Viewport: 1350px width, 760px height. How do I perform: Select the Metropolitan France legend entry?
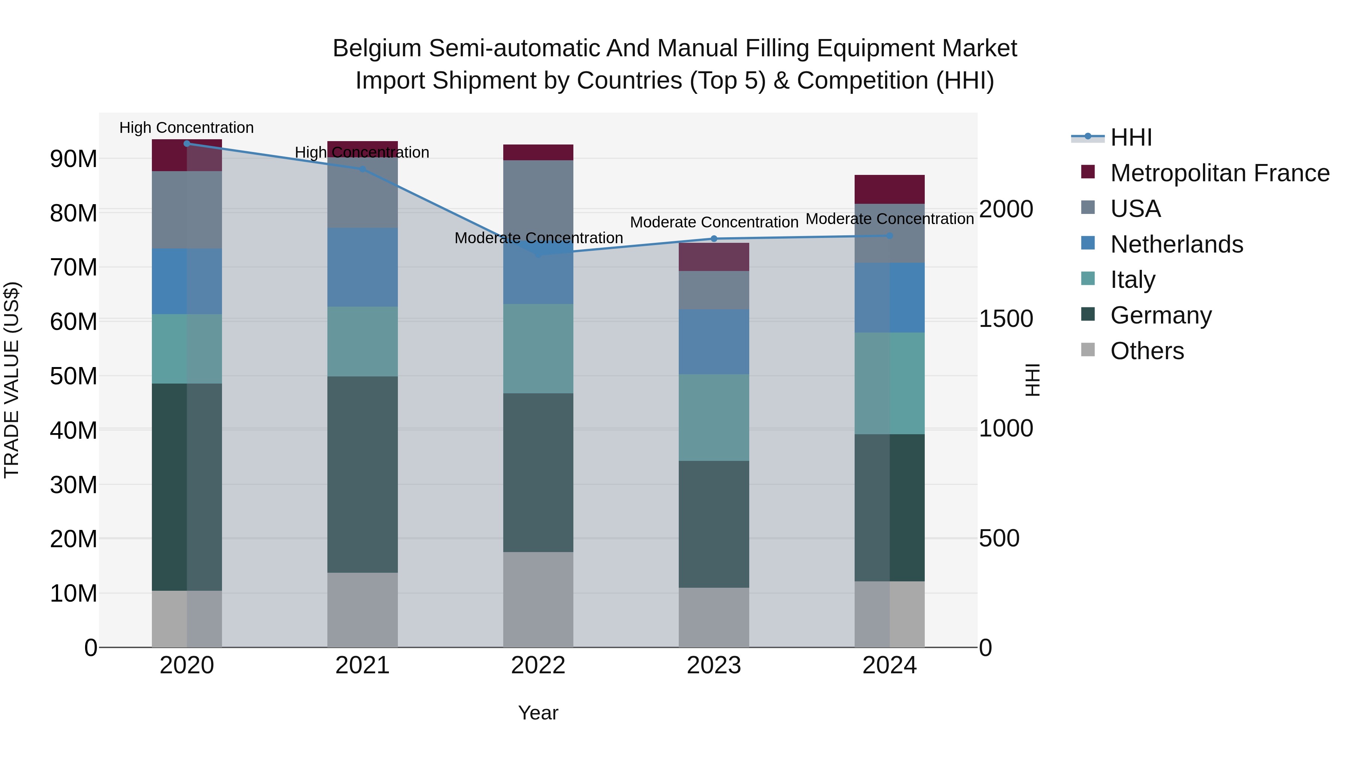coord(1219,173)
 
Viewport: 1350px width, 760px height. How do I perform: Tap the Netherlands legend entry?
coord(1176,244)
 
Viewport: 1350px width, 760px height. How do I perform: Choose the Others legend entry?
coord(1147,351)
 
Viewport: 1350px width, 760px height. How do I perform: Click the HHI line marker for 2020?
coord(187,144)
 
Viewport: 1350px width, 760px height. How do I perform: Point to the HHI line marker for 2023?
coord(714,239)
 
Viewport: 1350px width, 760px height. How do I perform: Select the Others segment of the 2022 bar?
coord(538,599)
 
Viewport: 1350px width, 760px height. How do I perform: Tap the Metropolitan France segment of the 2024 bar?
coord(889,190)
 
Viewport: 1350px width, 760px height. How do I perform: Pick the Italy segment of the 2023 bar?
coord(714,417)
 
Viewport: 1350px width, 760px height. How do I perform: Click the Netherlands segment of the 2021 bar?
coord(362,268)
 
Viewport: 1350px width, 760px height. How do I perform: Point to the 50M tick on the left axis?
coord(73,376)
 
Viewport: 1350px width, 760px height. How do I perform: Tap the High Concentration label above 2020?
coord(187,128)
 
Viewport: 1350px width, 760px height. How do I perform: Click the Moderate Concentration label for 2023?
coord(714,223)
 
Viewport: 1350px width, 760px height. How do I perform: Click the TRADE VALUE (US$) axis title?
coord(12,380)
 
